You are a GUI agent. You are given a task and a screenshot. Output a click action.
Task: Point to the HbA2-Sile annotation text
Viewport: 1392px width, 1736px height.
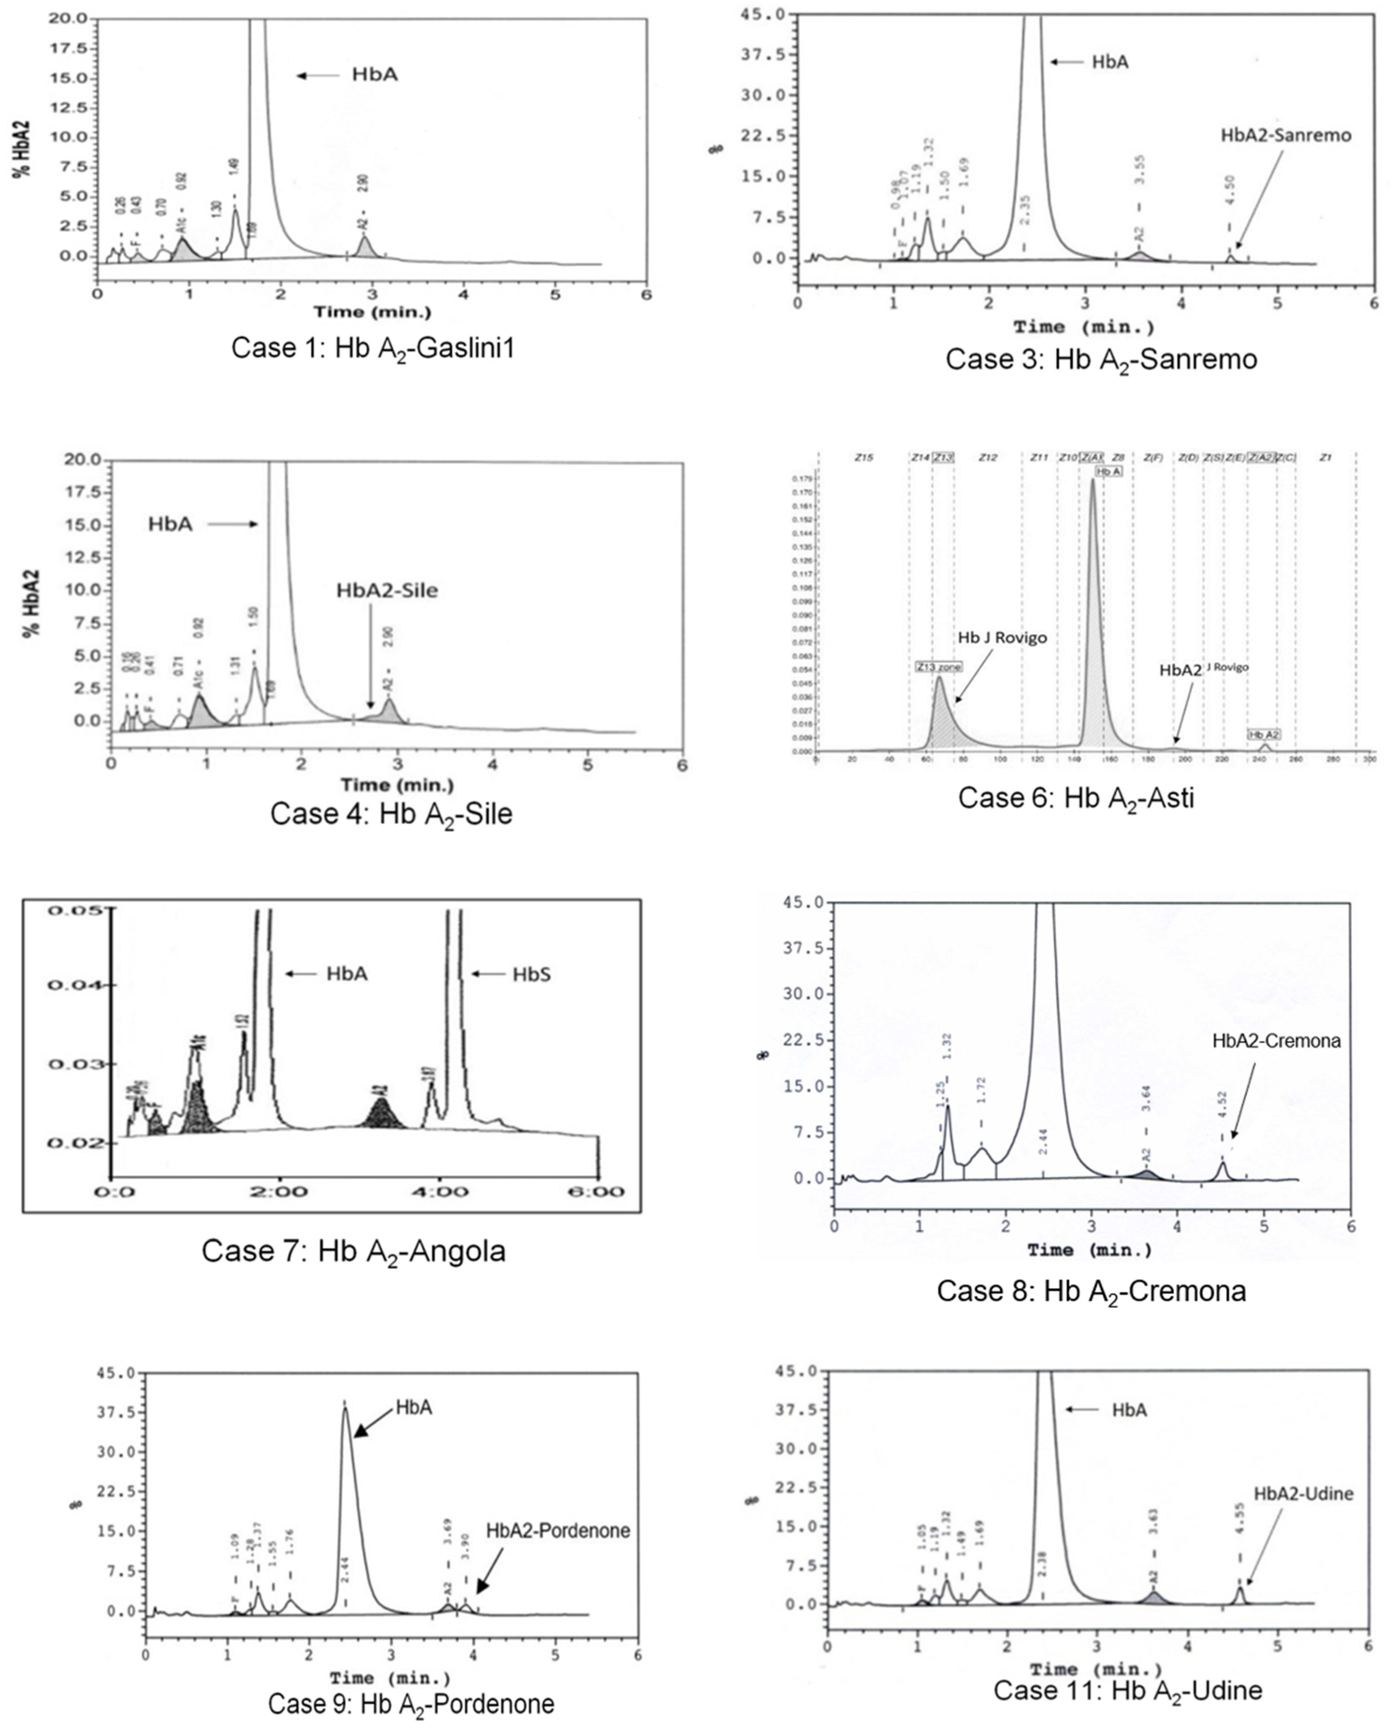387,590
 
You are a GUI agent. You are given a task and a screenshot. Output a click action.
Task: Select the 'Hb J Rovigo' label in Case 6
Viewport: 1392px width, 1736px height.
1002,638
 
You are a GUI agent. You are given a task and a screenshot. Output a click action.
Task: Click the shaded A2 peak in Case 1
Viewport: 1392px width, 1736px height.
365,246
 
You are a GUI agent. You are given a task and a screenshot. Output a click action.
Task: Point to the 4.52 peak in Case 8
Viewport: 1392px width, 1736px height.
1222,1168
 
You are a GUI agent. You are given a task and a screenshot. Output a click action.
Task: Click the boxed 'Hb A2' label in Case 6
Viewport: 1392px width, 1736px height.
1263,734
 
